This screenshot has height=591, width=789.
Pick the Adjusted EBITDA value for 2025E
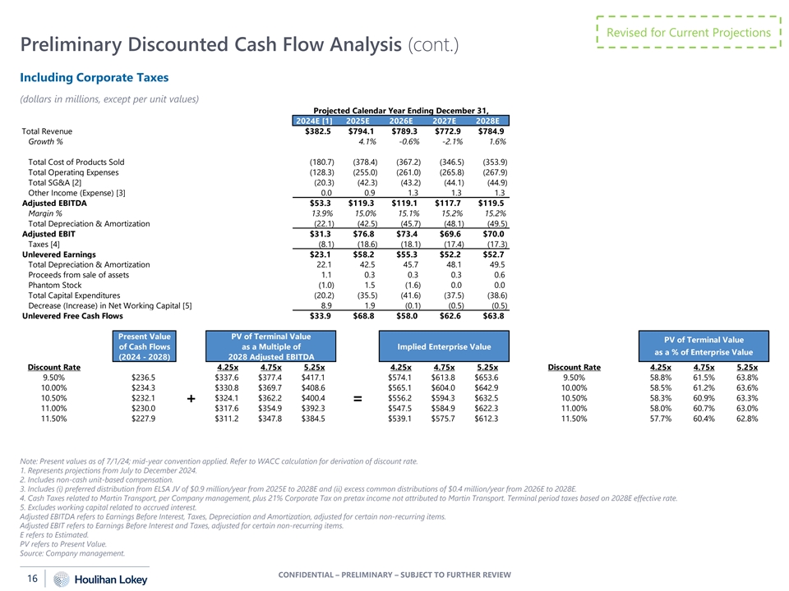(x=360, y=203)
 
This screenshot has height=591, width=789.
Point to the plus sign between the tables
(x=191, y=399)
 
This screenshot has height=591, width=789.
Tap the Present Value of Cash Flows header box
(x=145, y=346)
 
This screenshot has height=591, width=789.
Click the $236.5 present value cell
(x=145, y=378)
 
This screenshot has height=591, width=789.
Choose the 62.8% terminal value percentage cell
(x=747, y=419)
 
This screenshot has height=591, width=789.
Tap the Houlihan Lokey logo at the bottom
(x=90, y=580)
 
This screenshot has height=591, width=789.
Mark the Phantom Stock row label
(x=51, y=285)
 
